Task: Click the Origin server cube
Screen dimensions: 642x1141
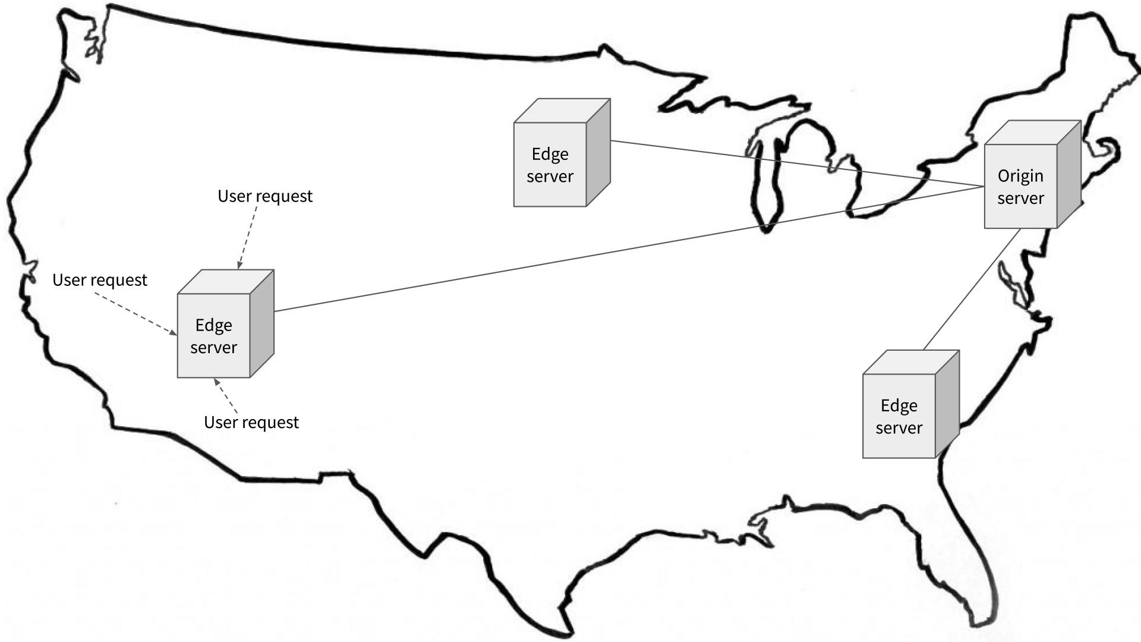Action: [1021, 186]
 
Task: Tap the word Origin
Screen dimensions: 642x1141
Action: [1020, 176]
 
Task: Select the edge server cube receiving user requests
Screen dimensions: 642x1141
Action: [214, 335]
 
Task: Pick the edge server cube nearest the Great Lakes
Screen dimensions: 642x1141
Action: [550, 165]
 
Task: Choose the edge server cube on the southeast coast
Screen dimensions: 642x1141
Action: [899, 416]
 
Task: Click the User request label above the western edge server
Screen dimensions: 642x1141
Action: [265, 196]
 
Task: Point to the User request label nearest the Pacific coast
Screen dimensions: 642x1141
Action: [100, 280]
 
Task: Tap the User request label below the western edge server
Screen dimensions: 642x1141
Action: [251, 422]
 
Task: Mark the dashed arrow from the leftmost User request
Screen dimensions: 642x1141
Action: [135, 313]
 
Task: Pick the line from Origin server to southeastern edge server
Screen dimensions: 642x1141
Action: [972, 289]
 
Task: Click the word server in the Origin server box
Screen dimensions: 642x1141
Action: [1020, 199]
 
